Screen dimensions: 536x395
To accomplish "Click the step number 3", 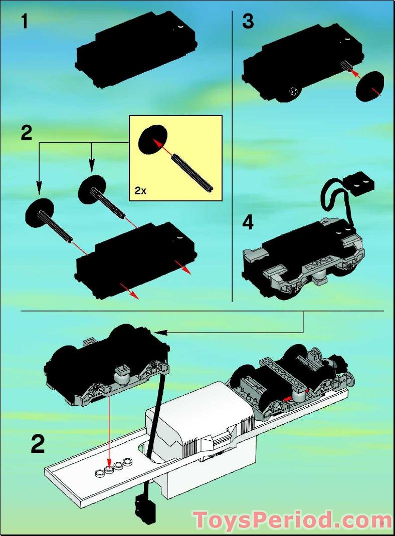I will [x=248, y=22].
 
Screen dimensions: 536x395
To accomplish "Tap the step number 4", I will [x=248, y=223].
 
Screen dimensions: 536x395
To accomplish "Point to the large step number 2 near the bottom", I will [x=38, y=444].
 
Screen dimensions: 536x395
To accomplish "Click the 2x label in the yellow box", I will [x=141, y=190].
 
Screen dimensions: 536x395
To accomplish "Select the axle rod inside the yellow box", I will [x=192, y=172].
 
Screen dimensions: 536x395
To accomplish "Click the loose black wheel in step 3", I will [x=370, y=86].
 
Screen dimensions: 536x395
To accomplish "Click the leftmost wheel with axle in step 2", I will [x=40, y=212].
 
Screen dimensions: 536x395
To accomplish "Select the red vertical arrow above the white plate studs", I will [x=109, y=431].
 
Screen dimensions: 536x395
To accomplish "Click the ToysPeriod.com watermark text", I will [x=292, y=520].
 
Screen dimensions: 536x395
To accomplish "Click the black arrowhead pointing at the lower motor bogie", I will [x=160, y=332].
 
